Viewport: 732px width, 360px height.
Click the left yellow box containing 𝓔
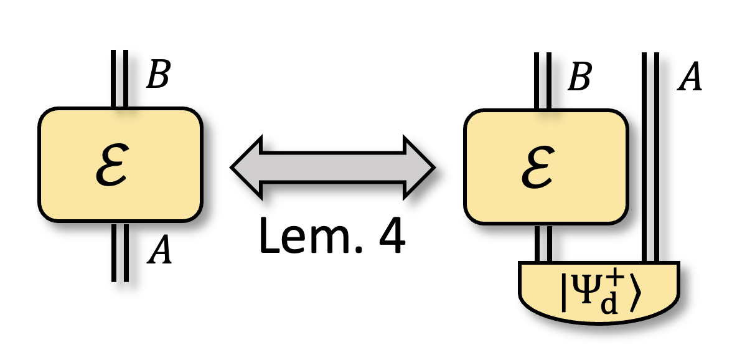tap(120, 164)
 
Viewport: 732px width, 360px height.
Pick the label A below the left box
tap(159, 252)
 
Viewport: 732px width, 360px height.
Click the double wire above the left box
tap(120, 78)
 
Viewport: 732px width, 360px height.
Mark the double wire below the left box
tap(120, 252)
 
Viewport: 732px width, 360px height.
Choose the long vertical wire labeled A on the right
tap(650, 156)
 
